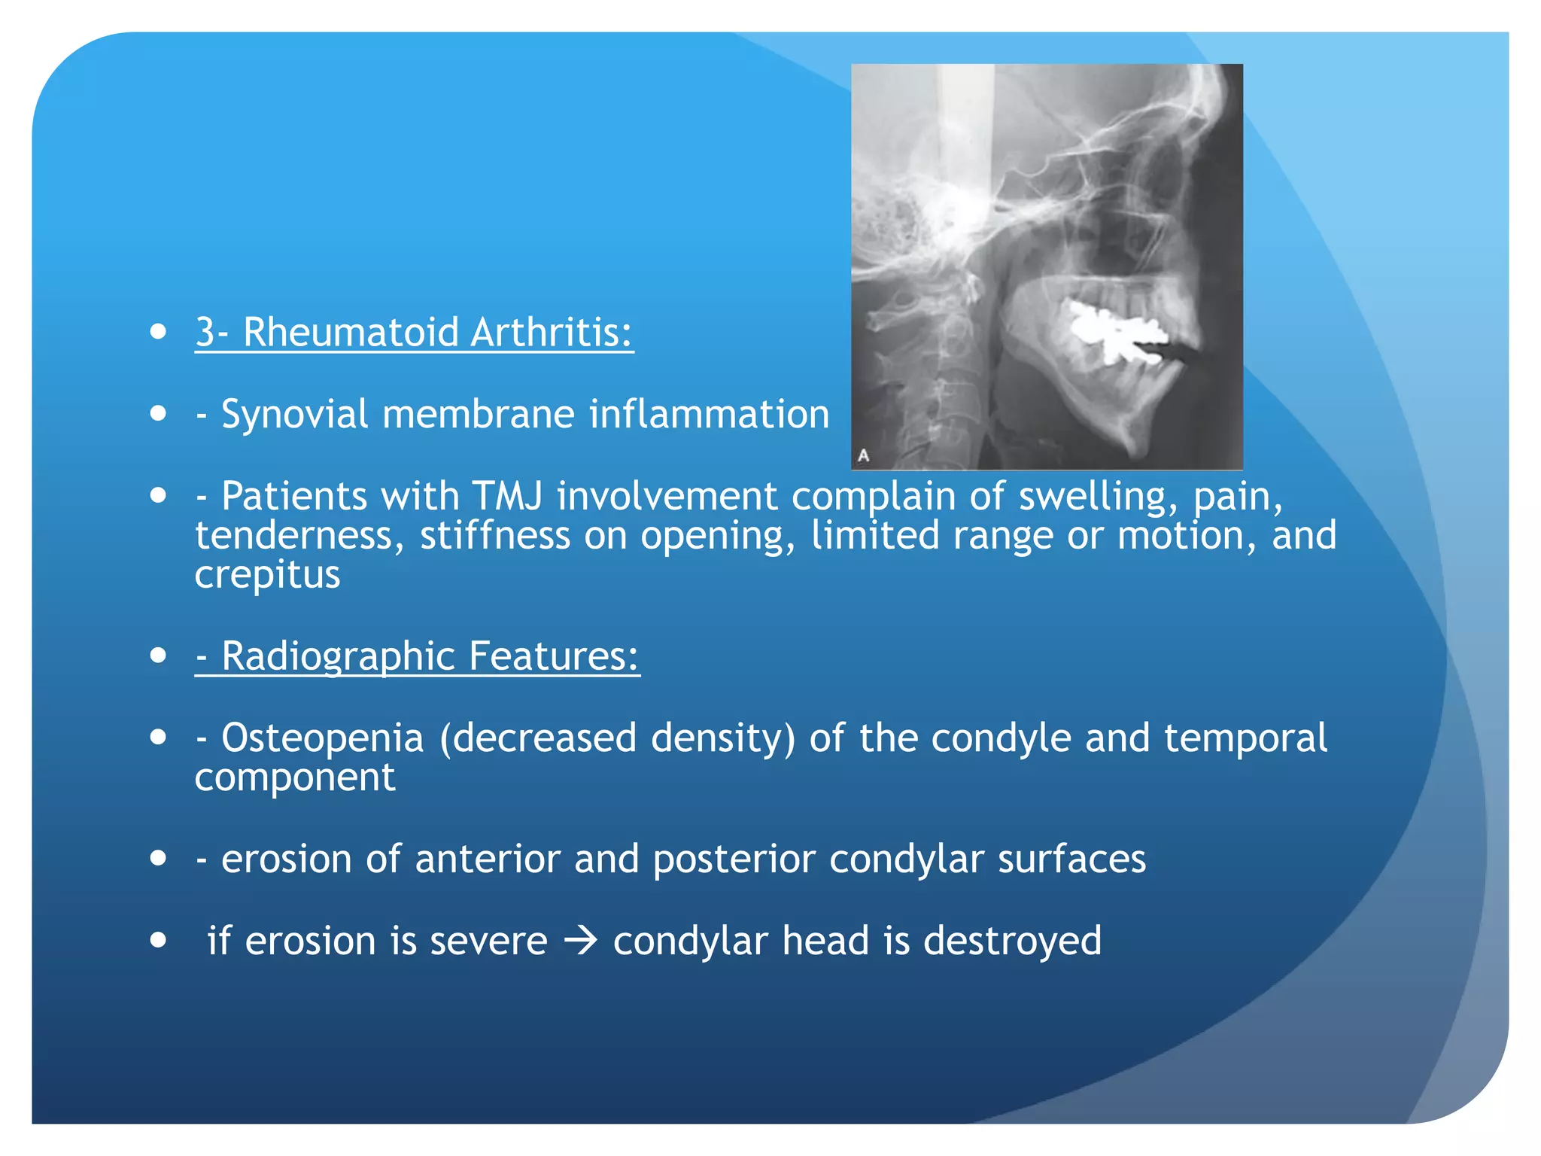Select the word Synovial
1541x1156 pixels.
coord(294,414)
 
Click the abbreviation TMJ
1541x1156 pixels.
coord(507,496)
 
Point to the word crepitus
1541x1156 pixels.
coord(267,575)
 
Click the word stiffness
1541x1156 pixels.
coord(494,535)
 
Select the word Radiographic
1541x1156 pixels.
coord(338,656)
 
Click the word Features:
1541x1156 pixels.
coord(554,656)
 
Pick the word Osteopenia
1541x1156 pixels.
coord(322,738)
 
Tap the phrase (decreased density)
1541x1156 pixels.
coord(617,738)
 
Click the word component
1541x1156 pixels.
coord(294,777)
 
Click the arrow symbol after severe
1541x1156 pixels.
coord(580,941)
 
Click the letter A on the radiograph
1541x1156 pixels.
coord(863,455)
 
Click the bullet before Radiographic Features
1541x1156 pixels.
coord(158,656)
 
